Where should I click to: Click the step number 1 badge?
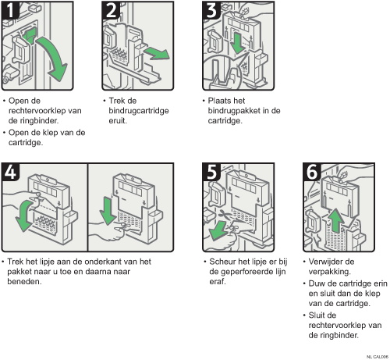10,10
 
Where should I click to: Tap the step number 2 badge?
111,10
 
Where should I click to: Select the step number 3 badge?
211,10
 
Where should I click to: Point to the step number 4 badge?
10,172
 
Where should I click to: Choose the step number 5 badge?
211,172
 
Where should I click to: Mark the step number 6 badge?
312,172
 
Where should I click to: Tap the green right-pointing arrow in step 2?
157,53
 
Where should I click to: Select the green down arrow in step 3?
237,42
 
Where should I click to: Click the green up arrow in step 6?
336,220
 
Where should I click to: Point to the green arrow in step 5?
218,230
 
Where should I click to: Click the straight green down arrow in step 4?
108,211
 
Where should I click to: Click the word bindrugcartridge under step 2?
139,111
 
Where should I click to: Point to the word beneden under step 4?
24,281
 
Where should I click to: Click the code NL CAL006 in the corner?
378,357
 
